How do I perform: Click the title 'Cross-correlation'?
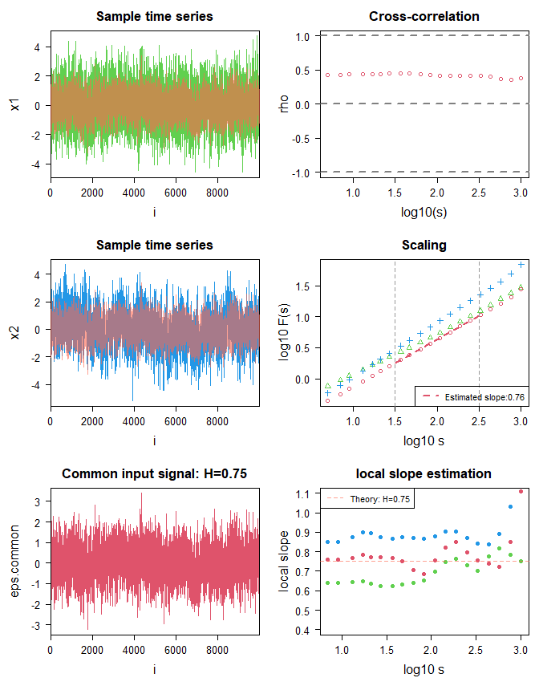[x=424, y=17]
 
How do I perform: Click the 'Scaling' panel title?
[x=424, y=246]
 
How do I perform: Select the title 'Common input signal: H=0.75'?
[x=154, y=474]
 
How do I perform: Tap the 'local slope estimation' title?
[x=424, y=474]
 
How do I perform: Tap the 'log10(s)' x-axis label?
[x=424, y=213]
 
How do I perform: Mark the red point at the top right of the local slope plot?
[x=521, y=491]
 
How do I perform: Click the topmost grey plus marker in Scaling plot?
[x=521, y=265]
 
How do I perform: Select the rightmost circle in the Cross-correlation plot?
[x=521, y=79]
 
